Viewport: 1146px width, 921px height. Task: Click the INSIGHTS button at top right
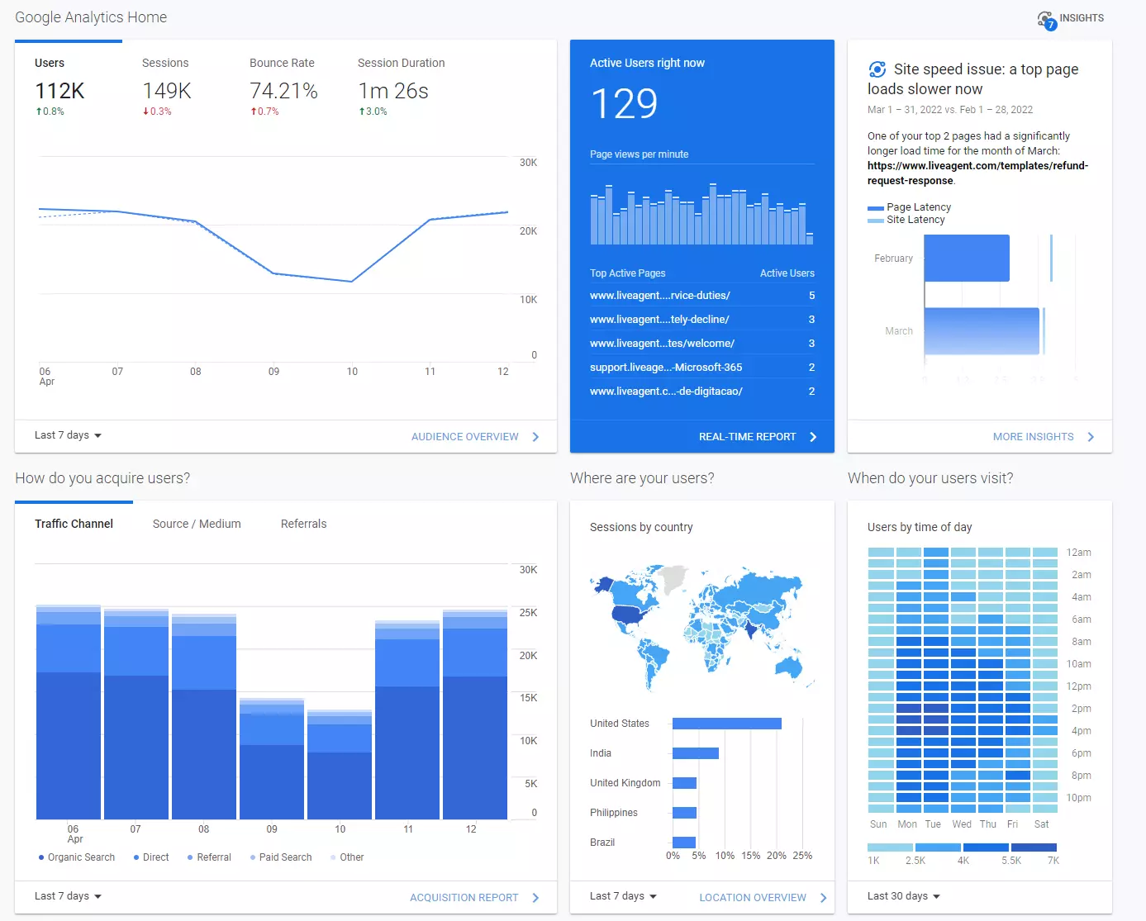[x=1071, y=19]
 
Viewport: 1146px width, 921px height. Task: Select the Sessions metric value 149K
[x=167, y=91]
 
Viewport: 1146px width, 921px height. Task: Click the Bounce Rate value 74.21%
[x=283, y=91]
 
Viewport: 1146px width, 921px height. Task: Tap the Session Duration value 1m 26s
[x=393, y=91]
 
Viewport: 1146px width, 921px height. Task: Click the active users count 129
[x=624, y=104]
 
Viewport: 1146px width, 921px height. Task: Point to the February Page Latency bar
[x=967, y=258]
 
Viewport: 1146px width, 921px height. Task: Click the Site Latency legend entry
[x=915, y=220]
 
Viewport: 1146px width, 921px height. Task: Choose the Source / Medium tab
[x=197, y=524]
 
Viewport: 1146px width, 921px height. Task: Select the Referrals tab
[x=303, y=524]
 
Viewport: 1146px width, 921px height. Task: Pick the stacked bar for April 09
[x=272, y=760]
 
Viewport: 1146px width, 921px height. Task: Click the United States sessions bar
[x=726, y=724]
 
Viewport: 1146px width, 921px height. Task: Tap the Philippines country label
[x=614, y=813]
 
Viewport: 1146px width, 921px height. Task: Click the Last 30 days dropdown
[x=903, y=896]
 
